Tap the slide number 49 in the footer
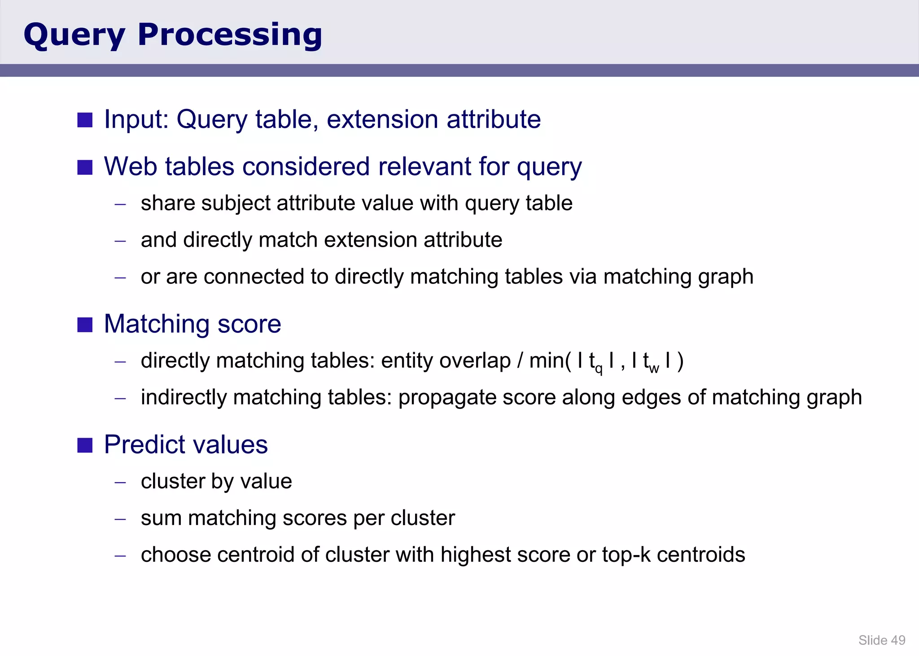click(898, 640)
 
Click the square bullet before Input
click(85, 120)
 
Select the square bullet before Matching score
click(85, 324)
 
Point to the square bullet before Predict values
click(85, 445)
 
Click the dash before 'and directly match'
click(120, 241)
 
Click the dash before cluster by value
click(120, 482)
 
